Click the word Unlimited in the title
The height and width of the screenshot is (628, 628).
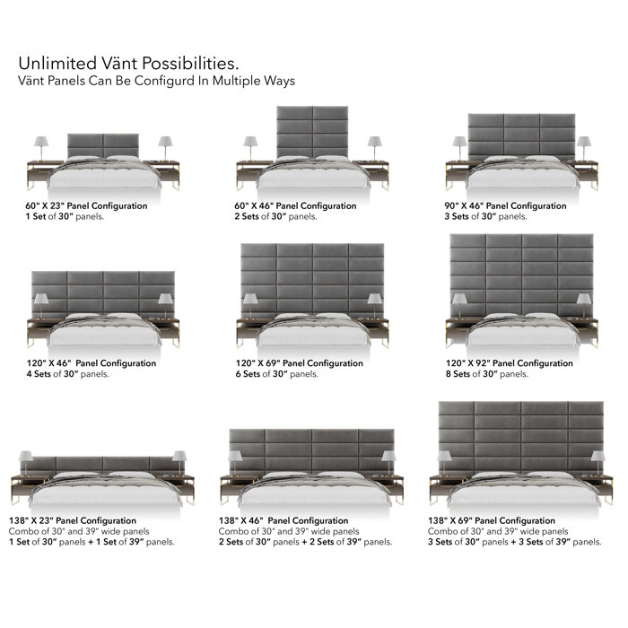click(57, 64)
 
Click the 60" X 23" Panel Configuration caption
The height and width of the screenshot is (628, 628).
click(86, 205)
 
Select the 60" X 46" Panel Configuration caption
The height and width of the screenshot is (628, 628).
click(295, 205)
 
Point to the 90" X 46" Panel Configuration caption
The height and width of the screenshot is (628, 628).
click(505, 205)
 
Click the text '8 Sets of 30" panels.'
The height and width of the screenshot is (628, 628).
click(487, 374)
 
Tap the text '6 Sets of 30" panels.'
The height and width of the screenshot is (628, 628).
click(277, 374)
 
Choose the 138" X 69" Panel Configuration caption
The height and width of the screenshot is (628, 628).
click(492, 520)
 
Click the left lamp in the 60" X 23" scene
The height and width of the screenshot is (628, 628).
click(41, 148)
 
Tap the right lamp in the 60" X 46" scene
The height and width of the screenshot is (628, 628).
click(375, 148)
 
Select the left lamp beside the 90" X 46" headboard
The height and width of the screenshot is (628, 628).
click(459, 148)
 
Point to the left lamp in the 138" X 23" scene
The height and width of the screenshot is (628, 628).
click(26, 463)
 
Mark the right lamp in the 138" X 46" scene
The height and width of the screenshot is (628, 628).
click(388, 463)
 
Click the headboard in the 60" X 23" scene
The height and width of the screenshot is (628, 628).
click(103, 145)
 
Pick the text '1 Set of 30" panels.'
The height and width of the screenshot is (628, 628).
click(65, 217)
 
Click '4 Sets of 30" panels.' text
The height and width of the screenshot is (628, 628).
click(68, 374)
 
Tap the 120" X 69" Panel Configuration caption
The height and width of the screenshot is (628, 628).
click(300, 363)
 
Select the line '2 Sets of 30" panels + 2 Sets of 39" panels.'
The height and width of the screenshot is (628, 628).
click(306, 542)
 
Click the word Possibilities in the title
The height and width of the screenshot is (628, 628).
click(190, 64)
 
